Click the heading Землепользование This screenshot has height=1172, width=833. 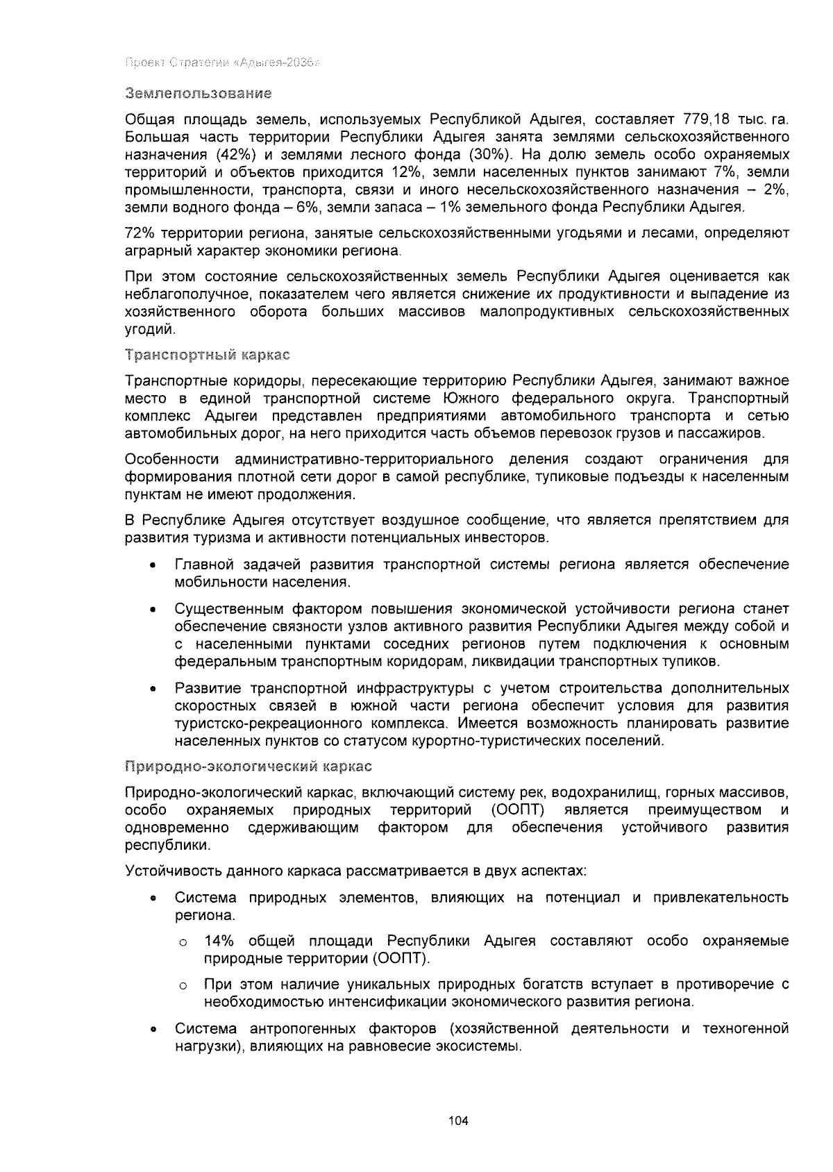pos(198,92)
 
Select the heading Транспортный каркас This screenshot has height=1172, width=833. pos(207,355)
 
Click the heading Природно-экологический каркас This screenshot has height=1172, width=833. pos(249,767)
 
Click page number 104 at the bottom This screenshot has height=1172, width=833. pos(459,1120)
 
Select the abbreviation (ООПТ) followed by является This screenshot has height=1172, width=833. pos(517,810)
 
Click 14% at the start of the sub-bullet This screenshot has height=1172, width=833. pos(219,941)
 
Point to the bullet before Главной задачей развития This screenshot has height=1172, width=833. pos(152,566)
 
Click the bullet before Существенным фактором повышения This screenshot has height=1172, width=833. pos(152,610)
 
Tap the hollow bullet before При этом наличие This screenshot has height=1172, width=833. pos(183,986)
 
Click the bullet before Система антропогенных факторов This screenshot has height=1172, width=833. pos(152,1030)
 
